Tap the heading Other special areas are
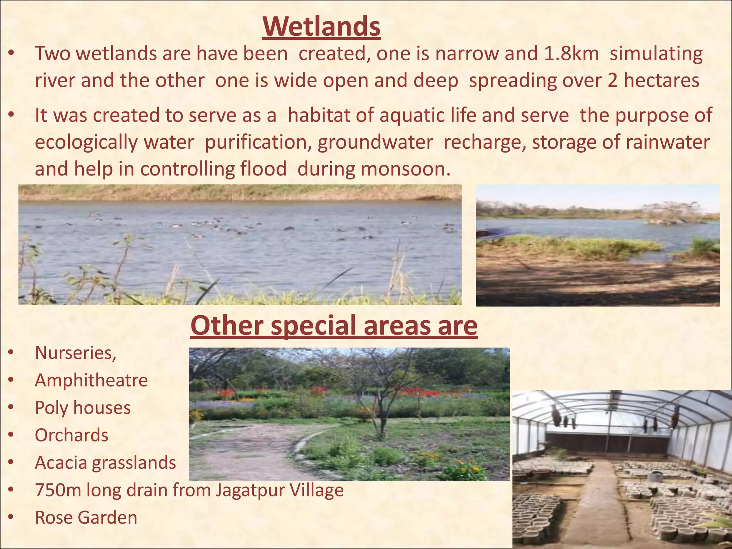(334, 325)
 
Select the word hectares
(661, 80)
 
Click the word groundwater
(375, 142)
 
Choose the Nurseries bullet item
(75, 353)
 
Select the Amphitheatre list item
(91, 380)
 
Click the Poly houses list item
(83, 407)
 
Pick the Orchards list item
(71, 435)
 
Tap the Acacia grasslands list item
(105, 463)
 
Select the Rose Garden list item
(86, 518)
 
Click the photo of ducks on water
(240, 244)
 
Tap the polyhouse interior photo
(622, 469)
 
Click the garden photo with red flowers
(349, 414)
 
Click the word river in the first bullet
(55, 80)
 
